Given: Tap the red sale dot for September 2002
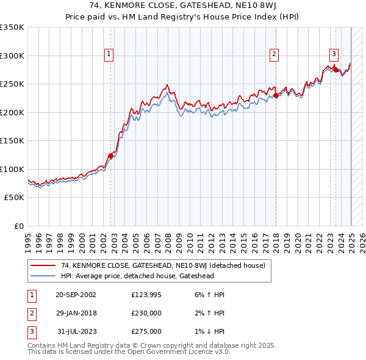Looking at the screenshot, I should pos(111,156).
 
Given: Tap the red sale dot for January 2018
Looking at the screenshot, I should pos(276,95).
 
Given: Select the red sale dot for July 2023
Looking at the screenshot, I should pos(335,70).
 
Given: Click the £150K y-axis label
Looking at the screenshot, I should pos(12,140).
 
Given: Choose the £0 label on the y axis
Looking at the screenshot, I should pos(18,226).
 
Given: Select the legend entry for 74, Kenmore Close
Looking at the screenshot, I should pos(163,265).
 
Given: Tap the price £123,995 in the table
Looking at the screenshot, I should pos(146,295).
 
